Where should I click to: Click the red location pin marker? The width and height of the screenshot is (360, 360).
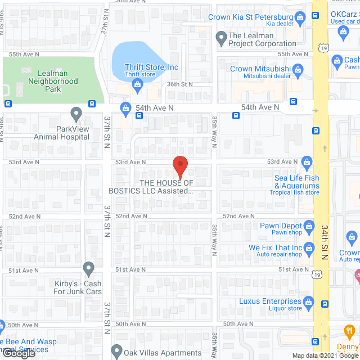179,167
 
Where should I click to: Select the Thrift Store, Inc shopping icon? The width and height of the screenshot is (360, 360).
137,85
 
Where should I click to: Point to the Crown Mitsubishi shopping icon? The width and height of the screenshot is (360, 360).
298,70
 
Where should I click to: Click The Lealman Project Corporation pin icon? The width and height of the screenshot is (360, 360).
221,38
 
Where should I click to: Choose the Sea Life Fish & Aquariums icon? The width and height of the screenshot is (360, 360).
307,163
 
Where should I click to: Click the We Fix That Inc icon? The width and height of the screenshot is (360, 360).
308,248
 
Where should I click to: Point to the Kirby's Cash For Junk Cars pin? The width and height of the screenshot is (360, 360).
88,267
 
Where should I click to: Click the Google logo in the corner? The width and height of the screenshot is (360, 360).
18,354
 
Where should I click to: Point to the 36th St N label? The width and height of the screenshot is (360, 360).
179,84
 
